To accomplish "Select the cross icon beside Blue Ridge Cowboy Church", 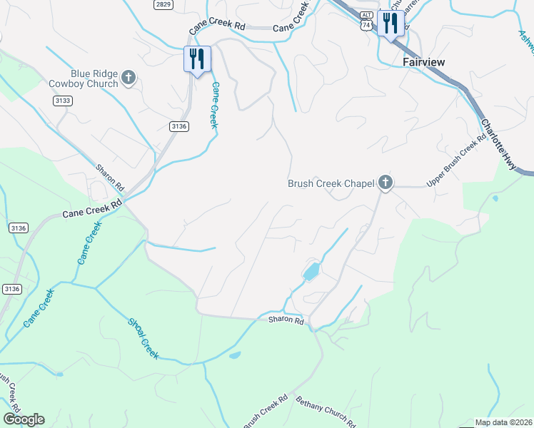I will pos(129,77).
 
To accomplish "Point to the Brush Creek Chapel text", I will pos(331,183).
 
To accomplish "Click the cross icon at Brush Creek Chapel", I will pos(386,183).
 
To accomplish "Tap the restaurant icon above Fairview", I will pos(390,24).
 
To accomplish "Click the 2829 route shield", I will pos(163,4).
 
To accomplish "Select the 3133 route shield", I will pos(62,101).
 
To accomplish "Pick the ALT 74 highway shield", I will pos(366,21).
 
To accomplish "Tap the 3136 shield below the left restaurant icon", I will pos(179,126).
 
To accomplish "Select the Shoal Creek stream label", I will pos(143,338).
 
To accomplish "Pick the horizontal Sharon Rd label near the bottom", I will pos(286,322).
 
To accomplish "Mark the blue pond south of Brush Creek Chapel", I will pos(311,272).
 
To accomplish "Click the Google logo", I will pos(24,419).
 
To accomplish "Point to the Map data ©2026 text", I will pos(503,422).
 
